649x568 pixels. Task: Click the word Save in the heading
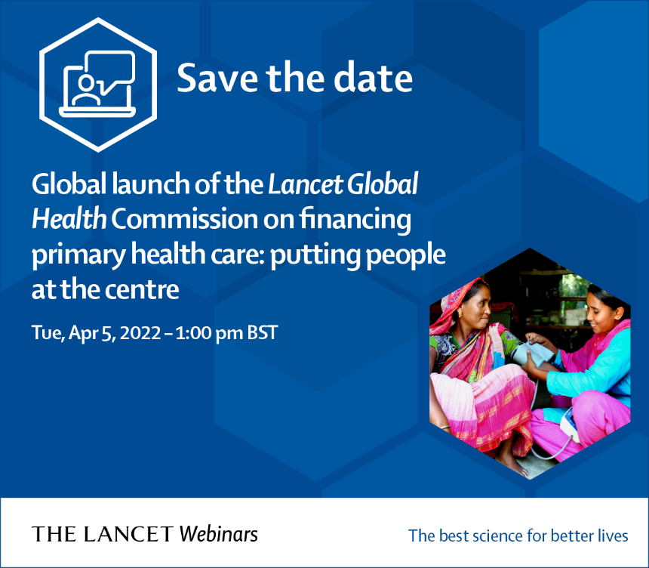pos(217,78)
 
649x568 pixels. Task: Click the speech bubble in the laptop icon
pos(110,69)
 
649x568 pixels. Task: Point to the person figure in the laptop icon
pos(86,90)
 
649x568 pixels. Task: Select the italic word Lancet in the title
pos(306,184)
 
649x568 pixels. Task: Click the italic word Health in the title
pos(69,219)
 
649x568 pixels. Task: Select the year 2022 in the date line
pos(140,332)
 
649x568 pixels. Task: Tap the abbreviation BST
pos(263,332)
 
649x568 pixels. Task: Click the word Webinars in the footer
pos(218,534)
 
